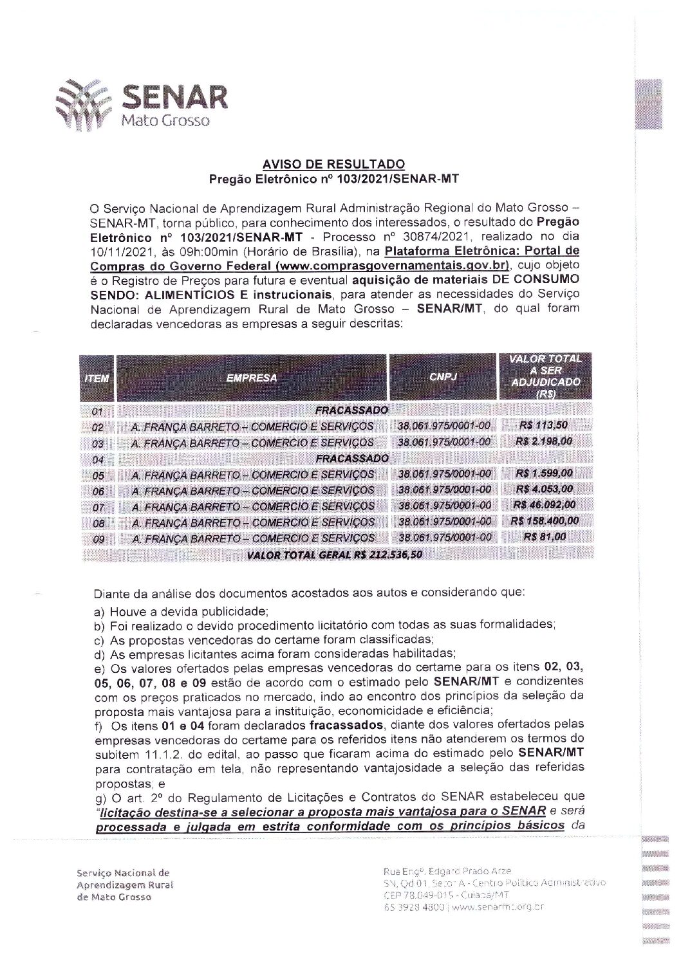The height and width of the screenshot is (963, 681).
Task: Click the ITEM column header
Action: [97, 378]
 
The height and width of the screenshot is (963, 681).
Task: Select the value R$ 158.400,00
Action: [544, 520]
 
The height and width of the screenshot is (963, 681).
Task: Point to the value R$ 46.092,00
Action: [544, 504]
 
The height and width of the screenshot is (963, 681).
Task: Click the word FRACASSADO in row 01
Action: [351, 410]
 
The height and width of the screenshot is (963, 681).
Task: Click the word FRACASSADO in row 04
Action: [351, 458]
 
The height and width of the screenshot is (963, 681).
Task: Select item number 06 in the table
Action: [98, 491]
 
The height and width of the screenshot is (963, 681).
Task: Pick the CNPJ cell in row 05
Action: [445, 473]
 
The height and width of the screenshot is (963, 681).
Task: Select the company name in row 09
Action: [252, 538]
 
